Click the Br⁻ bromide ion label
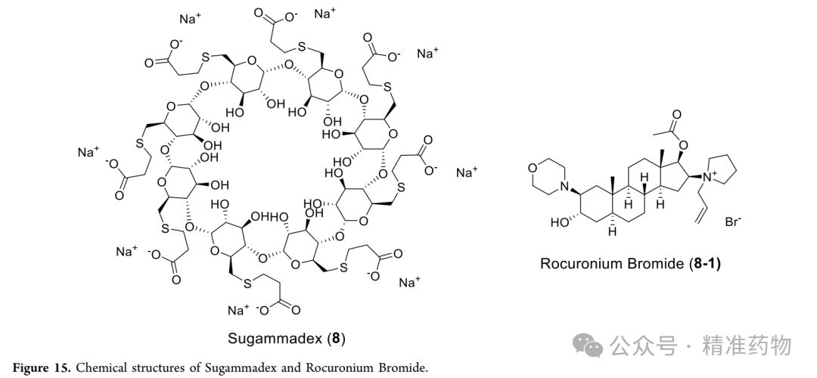pos(732,222)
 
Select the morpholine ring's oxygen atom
pos(532,168)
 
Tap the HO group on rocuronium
pos(561,222)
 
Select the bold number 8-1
pos(704,263)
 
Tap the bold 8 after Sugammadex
pos(336,339)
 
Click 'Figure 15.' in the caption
pos(42,367)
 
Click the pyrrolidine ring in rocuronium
pos(722,169)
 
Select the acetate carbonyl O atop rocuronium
pos(676,115)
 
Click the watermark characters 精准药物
pos(747,345)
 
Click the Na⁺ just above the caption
pos(238,311)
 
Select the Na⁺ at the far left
pos(88,153)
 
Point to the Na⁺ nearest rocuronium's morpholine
pos(467,173)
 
